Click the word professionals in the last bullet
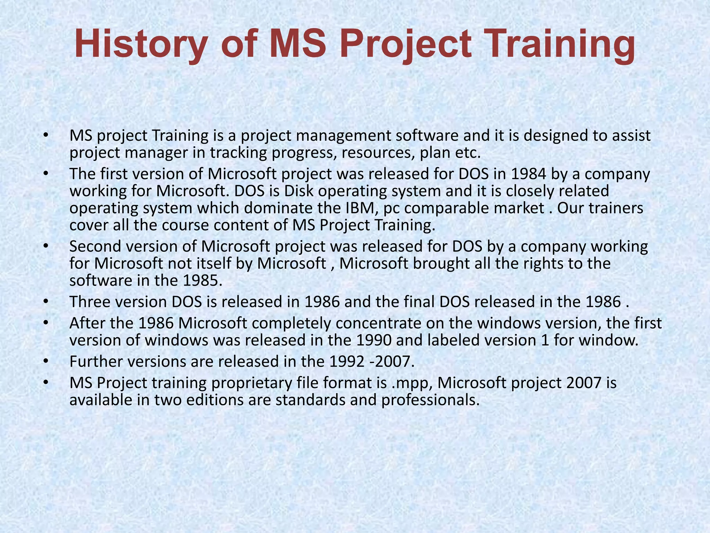(x=430, y=400)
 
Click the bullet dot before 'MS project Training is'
(x=45, y=136)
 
